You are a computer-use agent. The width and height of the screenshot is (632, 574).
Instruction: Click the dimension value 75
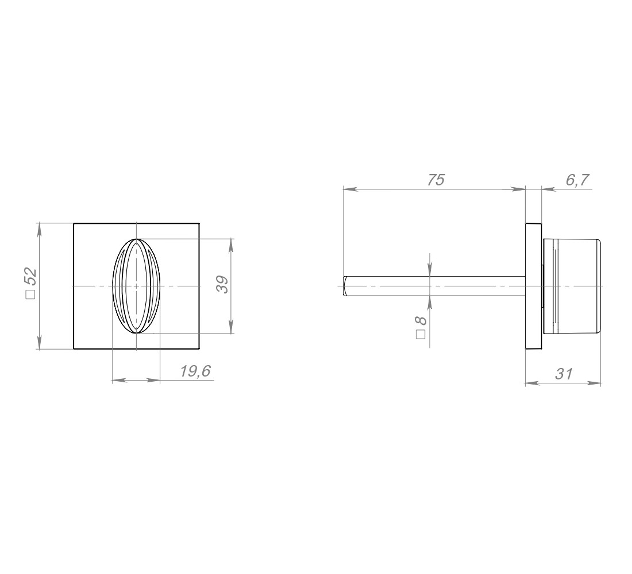[x=436, y=180]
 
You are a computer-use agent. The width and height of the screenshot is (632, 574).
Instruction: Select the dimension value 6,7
[x=577, y=180]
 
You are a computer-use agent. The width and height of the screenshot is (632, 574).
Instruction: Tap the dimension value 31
[x=564, y=374]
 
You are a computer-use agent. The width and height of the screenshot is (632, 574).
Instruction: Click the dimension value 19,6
[x=195, y=371]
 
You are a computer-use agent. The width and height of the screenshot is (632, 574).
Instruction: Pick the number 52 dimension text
[x=30, y=276]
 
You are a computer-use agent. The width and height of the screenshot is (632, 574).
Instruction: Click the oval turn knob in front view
[x=136, y=286]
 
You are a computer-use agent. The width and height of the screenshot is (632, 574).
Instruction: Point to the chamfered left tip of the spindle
[x=345, y=286]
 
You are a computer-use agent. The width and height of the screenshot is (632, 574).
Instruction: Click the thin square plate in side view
[x=533, y=286]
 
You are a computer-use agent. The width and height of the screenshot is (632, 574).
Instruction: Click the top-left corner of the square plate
[x=74, y=223]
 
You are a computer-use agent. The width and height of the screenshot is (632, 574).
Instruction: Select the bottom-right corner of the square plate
[x=199, y=349]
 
